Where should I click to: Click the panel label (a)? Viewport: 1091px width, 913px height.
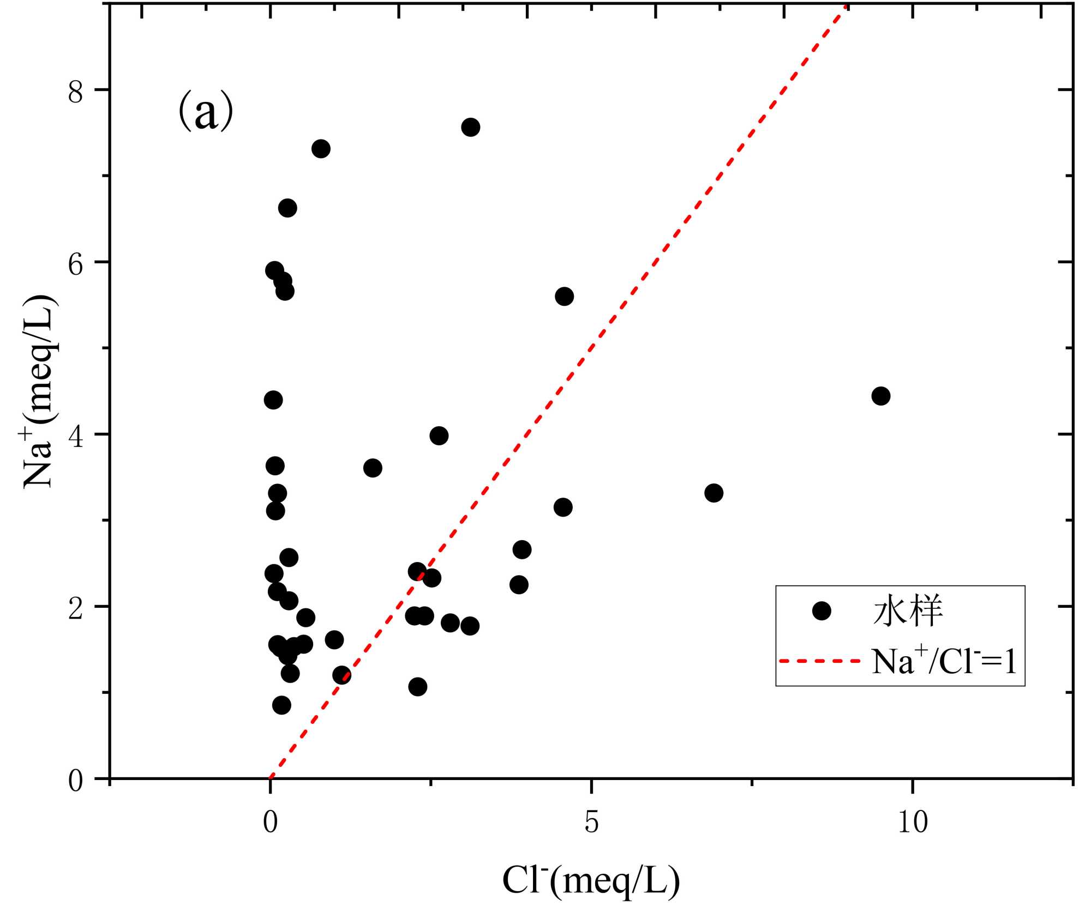[x=206, y=112]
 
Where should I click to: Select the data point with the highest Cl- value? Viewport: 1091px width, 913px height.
[x=880, y=396]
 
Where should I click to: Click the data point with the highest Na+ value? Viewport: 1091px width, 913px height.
[x=470, y=128]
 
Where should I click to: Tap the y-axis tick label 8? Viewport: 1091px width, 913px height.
[x=76, y=92]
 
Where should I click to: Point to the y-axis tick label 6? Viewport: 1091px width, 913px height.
[x=76, y=264]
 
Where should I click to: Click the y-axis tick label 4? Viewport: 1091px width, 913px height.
[x=76, y=436]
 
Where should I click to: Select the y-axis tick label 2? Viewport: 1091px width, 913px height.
[x=76, y=608]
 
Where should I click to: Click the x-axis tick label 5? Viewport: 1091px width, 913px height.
[x=591, y=822]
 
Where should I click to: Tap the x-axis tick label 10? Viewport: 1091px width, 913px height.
[x=912, y=822]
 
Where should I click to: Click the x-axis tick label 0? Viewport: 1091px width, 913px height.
[x=271, y=822]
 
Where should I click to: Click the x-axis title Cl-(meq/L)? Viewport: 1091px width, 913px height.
[x=591, y=881]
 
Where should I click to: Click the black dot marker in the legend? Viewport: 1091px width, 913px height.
[x=822, y=611]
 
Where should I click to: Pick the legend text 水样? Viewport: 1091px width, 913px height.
[x=908, y=611]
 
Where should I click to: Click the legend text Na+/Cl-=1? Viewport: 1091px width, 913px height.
[x=944, y=661]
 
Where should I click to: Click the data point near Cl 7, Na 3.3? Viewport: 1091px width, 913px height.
[x=714, y=493]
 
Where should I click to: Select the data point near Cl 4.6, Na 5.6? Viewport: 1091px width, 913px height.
[x=564, y=297]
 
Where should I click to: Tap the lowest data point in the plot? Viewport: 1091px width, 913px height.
[x=281, y=705]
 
